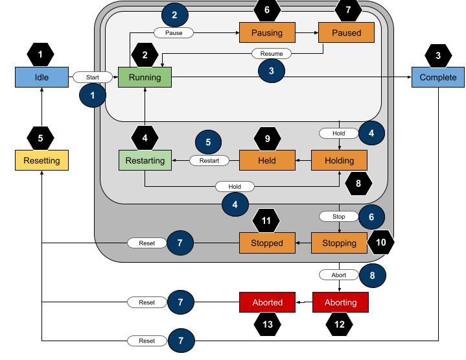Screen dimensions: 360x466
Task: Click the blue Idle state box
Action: pos(41,78)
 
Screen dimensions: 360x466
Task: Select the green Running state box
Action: pos(145,78)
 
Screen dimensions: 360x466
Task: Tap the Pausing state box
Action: pos(267,32)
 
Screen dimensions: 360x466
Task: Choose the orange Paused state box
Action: pos(345,32)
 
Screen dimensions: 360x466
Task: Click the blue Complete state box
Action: pos(437,78)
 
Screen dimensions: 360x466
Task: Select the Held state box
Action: pos(267,160)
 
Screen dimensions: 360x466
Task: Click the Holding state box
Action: pos(340,160)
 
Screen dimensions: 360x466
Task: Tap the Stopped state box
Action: pos(267,243)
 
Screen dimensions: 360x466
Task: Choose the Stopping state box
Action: pos(340,243)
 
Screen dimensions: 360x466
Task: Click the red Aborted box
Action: pos(268,302)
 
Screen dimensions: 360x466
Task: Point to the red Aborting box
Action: pos(340,302)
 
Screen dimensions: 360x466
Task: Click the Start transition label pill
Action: pos(92,78)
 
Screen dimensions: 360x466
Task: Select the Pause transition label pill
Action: pos(174,32)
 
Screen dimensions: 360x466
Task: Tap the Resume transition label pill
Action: pos(271,54)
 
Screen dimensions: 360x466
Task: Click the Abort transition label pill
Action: pos(339,275)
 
